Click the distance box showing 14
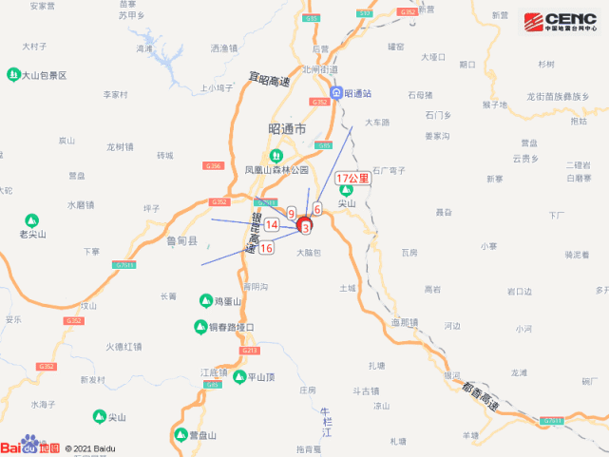(x=272, y=224)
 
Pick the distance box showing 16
(x=266, y=248)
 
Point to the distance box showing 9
(x=291, y=213)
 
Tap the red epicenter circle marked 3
(x=305, y=227)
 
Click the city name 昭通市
(x=288, y=128)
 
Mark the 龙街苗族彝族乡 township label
(x=558, y=97)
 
